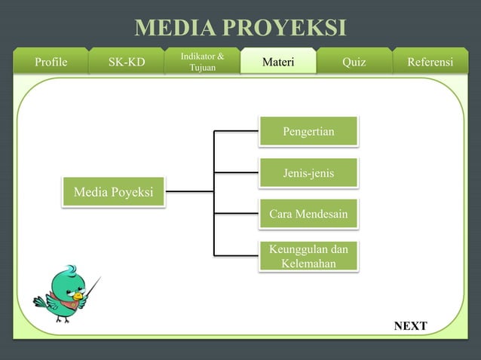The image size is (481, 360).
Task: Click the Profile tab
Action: tap(51, 62)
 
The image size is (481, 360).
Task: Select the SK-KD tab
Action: tap(127, 62)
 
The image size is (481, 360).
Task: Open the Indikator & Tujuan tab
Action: tap(202, 62)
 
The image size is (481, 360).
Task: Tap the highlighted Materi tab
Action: tap(278, 62)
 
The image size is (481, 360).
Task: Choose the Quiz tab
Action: tap(354, 62)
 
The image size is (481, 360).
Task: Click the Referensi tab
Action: tap(430, 62)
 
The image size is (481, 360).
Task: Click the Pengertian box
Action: tap(308, 133)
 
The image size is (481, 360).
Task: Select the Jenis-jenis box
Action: tap(308, 174)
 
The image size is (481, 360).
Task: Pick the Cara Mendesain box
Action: tap(308, 215)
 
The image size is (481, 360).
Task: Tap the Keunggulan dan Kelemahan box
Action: tap(308, 257)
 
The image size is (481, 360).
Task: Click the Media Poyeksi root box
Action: tap(113, 193)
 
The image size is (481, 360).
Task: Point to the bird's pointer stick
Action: tap(93, 286)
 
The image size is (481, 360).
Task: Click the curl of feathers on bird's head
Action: tap(69, 268)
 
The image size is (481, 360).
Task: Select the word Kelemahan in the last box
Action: tap(308, 264)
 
